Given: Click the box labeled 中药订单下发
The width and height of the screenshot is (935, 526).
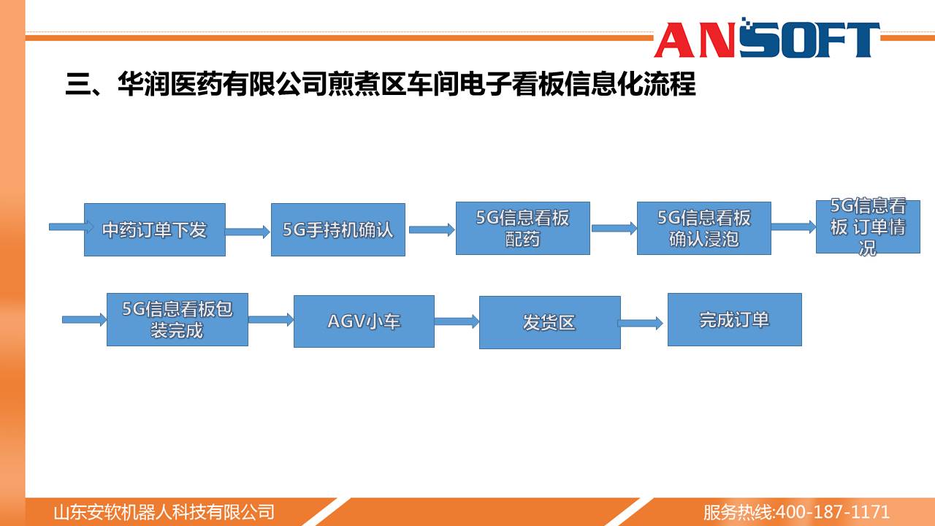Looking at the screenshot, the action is (155, 229).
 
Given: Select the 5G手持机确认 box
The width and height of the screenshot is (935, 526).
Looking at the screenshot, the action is (338, 229).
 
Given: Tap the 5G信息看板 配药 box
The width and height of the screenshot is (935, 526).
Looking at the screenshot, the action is (522, 229).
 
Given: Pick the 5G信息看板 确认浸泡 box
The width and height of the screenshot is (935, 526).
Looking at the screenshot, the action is (703, 229).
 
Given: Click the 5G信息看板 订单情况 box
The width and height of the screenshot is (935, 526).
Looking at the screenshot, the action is (868, 226).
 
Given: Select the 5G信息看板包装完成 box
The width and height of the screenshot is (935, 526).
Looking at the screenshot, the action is (178, 319).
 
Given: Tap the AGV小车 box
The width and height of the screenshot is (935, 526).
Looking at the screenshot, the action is (364, 321).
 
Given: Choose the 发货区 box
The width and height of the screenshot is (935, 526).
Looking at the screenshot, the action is (550, 322).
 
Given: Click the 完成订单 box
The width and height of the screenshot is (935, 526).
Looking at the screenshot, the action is (735, 319).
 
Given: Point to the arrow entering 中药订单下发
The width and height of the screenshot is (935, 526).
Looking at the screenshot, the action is (71, 226).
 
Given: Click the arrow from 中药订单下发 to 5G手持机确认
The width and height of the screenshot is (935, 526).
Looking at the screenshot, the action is (248, 232).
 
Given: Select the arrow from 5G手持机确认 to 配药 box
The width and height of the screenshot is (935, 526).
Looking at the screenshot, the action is (432, 229).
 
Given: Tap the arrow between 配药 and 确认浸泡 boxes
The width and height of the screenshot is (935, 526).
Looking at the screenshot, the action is (614, 228).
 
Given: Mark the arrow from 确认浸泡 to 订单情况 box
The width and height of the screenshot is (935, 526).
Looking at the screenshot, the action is (793, 226).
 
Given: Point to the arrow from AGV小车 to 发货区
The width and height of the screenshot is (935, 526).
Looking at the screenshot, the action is (457, 321).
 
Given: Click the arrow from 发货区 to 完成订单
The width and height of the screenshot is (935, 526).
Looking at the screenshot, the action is (641, 323).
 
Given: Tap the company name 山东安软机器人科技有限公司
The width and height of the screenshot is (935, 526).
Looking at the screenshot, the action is (164, 512).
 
